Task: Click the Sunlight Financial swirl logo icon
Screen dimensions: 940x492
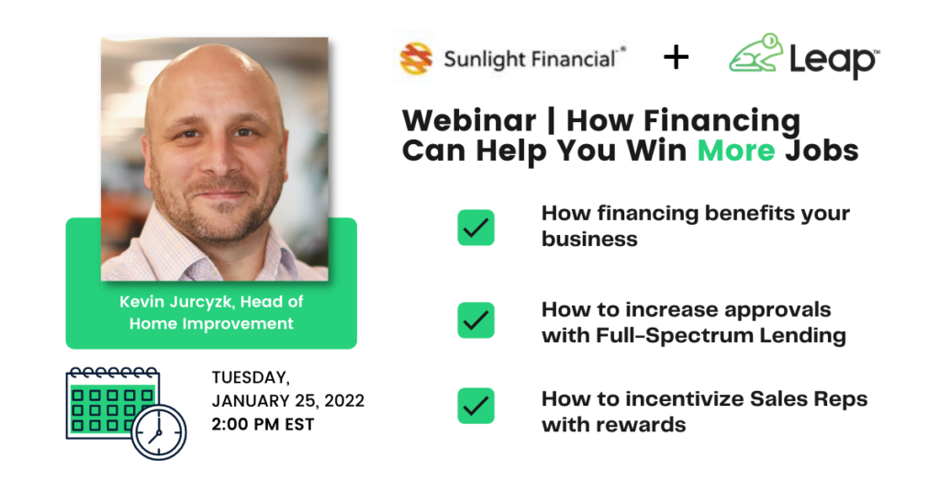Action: tap(416, 59)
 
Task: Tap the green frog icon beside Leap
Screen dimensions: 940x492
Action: tap(756, 53)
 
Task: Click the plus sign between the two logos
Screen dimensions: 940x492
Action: tap(677, 58)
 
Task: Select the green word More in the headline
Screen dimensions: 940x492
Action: tap(735, 150)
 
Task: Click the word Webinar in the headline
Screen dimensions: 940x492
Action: tap(469, 120)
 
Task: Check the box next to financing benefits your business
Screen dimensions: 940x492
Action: tap(476, 227)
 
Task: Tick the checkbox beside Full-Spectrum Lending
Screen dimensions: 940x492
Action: tap(476, 320)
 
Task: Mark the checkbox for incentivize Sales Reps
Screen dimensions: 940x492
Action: tap(476, 406)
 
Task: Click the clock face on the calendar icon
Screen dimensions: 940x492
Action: tap(159, 432)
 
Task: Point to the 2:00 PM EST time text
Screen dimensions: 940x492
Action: tap(263, 424)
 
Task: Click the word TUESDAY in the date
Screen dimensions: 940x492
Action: tap(251, 377)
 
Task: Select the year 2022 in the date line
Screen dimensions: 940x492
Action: tap(344, 400)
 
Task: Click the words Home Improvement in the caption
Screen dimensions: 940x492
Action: tap(211, 324)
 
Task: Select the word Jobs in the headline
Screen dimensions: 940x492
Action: tap(822, 150)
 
